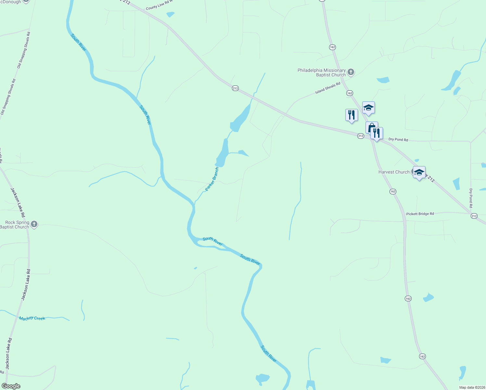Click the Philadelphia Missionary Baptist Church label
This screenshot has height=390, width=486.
click(322, 72)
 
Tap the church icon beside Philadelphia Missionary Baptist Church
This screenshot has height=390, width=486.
click(351, 72)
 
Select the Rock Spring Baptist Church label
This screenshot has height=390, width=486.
click(15, 225)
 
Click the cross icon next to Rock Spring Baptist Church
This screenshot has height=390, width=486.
click(34, 224)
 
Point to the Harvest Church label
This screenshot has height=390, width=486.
click(394, 172)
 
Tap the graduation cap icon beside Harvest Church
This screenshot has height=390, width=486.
click(419, 172)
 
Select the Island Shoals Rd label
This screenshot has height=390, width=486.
click(327, 88)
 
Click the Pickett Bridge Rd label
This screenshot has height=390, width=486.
click(420, 214)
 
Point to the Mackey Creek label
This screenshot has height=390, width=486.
click(32, 318)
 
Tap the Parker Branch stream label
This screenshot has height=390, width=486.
click(212, 179)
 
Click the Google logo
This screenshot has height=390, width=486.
click(11, 386)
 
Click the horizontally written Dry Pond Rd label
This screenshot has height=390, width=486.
click(398, 139)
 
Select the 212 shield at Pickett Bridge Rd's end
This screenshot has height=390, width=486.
click(474, 216)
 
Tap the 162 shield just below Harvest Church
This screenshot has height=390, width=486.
click(393, 191)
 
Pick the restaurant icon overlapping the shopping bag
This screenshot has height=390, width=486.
click(377, 133)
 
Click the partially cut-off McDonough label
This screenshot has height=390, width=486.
click(12, 2)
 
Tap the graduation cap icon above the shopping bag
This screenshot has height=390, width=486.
click(368, 108)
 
